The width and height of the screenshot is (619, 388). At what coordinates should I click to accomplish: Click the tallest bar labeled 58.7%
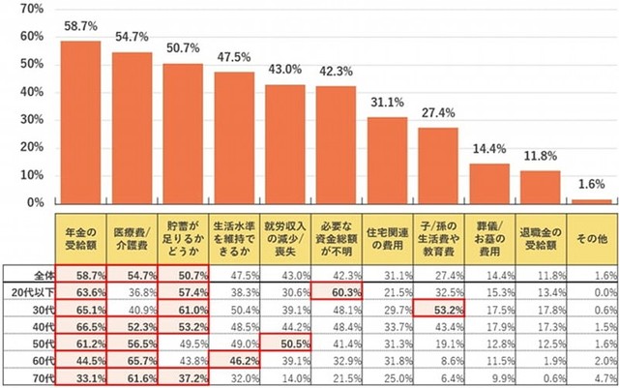[81, 122]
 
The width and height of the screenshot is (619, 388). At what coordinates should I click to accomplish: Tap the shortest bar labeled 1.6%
[590, 201]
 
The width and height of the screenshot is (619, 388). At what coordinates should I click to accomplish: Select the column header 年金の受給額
[81, 238]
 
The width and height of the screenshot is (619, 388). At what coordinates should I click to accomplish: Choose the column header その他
[590, 238]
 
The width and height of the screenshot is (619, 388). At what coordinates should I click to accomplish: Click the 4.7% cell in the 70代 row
[592, 379]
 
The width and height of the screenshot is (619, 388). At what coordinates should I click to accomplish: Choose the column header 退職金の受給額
[540, 238]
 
